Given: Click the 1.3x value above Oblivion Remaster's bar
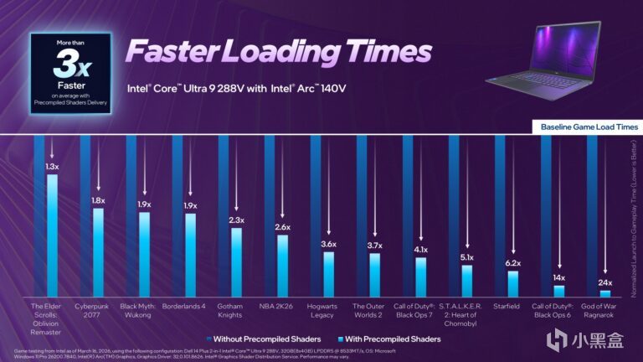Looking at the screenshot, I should point(52,167).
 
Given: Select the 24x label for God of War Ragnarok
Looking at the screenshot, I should point(605,282).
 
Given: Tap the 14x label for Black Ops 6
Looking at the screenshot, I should point(559,277).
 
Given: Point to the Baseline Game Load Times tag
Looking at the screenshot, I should point(589,127).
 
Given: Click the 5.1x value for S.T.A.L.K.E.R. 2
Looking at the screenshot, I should point(467,258).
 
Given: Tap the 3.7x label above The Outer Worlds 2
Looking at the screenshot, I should point(374,246).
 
